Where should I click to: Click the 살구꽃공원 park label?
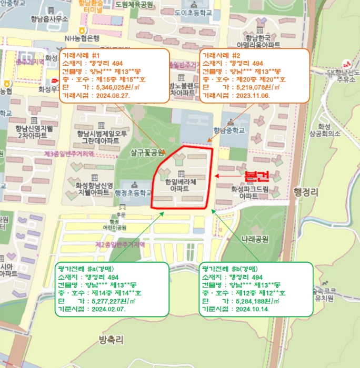pyautogui.click(x=148, y=153)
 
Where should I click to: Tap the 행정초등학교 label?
pyautogui.click(x=132, y=193)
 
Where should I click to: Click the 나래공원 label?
pyautogui.click(x=255, y=239)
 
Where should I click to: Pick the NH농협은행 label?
pyautogui.click(x=82, y=38)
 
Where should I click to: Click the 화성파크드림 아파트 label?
pyautogui.click(x=249, y=192)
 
